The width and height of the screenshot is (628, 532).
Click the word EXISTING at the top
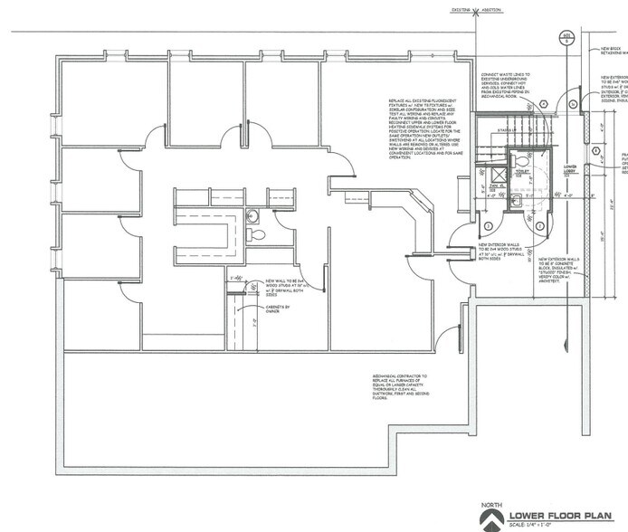457,11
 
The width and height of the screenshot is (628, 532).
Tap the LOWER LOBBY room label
570,169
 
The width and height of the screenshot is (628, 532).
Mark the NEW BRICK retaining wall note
611,51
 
